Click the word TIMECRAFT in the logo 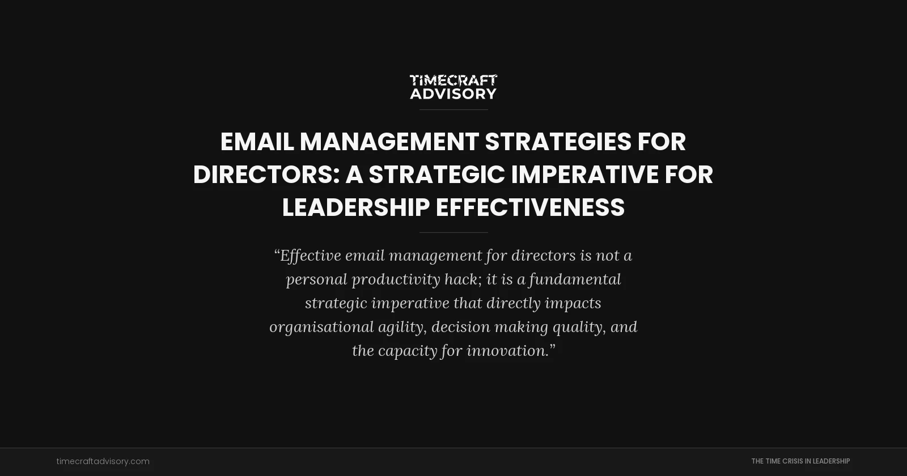[x=453, y=80]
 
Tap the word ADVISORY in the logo [x=453, y=93]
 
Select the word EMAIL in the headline [x=257, y=142]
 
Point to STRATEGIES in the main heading [x=558, y=142]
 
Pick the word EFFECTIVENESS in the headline [x=530, y=207]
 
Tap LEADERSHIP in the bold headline [x=355, y=207]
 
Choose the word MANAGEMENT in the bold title [x=389, y=142]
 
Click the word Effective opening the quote [x=310, y=256]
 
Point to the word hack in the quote [x=463, y=279]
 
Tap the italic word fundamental [x=575, y=279]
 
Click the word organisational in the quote [x=321, y=327]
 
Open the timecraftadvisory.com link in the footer [x=103, y=461]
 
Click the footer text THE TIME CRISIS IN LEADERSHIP [x=800, y=461]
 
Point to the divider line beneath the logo [x=453, y=109]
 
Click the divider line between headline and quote [x=453, y=232]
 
